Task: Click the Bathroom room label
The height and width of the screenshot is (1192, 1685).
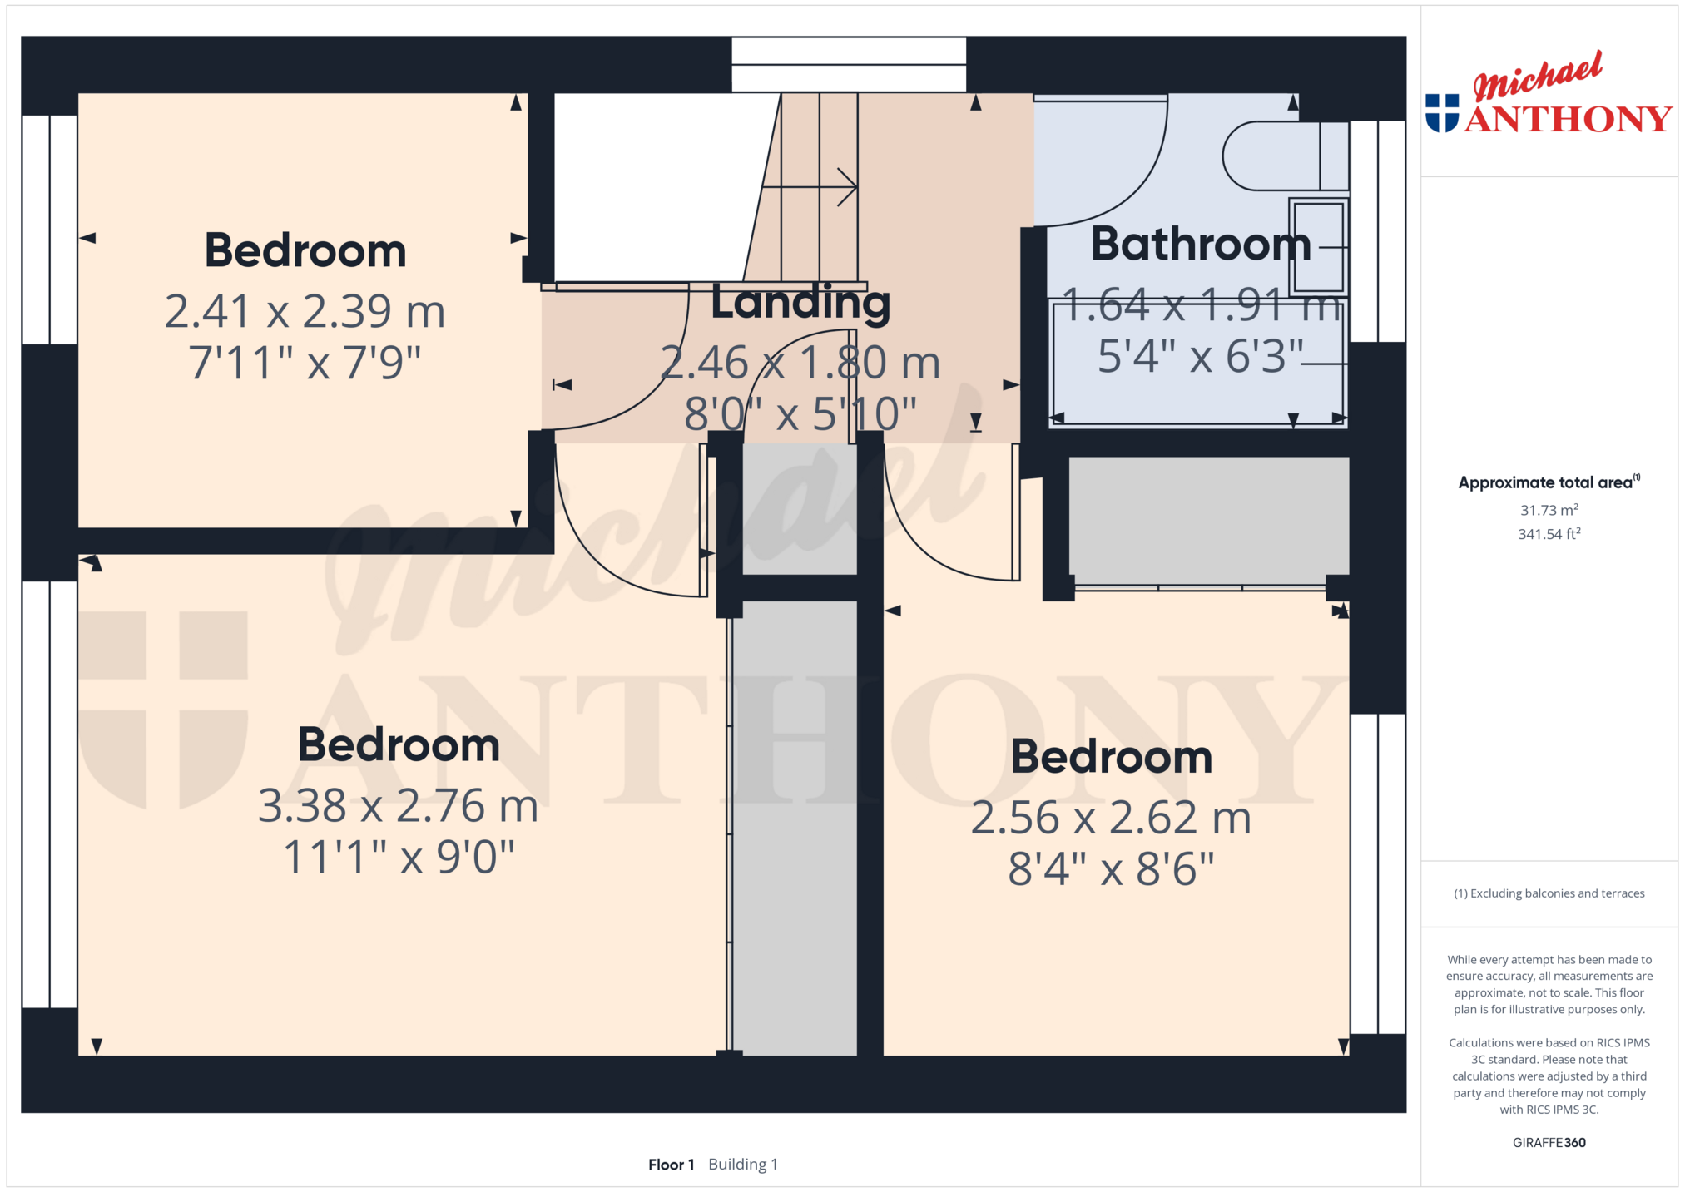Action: (x=1201, y=244)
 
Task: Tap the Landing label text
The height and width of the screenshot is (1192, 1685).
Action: (x=800, y=303)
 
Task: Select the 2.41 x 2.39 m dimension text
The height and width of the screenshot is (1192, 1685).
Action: (x=305, y=311)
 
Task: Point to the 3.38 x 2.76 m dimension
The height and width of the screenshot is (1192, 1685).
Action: (x=399, y=805)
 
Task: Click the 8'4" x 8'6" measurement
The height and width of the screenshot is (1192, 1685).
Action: (x=1111, y=869)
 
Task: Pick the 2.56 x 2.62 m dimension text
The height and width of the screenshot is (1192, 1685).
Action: (x=1111, y=818)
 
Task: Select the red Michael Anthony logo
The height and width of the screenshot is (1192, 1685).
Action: (x=1549, y=92)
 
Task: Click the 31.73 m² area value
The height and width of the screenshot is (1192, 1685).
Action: (x=1549, y=510)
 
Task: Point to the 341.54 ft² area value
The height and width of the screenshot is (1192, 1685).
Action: (x=1549, y=534)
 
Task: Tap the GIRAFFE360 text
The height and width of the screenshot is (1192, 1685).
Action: (x=1549, y=1142)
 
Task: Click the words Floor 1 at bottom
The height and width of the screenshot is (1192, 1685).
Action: (x=671, y=1165)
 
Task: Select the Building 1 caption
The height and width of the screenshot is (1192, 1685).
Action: (x=743, y=1165)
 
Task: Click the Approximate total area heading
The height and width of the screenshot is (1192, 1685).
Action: (x=1549, y=482)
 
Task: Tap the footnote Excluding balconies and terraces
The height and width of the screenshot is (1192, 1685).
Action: (x=1549, y=893)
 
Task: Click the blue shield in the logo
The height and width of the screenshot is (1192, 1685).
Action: (x=1442, y=113)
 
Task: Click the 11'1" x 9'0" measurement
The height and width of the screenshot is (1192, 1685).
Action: (x=399, y=857)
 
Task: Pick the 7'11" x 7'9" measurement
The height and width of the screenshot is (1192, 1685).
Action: (x=305, y=363)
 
